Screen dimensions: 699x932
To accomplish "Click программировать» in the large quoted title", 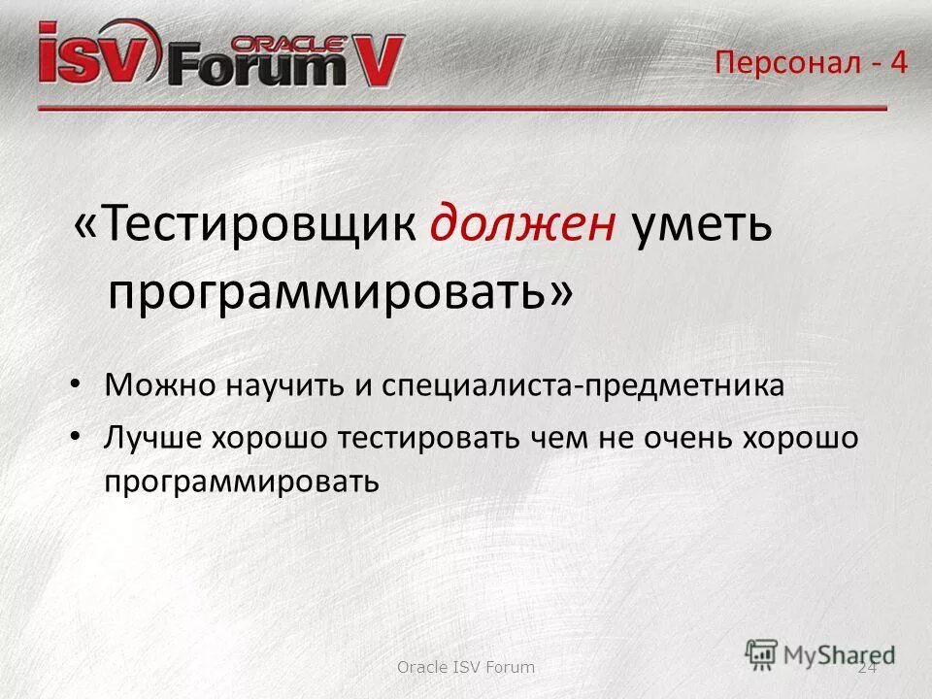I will point(340,291).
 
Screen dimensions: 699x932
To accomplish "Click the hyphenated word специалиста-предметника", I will point(582,385).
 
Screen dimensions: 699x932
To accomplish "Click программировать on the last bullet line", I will point(241,480).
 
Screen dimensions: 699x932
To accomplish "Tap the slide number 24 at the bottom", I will point(867,667).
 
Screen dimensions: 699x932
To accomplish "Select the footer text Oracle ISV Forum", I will point(466,667).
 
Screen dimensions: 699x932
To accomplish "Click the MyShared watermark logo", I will point(820,653).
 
